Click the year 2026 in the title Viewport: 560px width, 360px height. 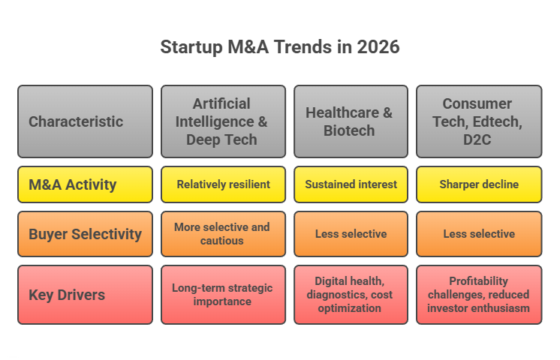[378, 46]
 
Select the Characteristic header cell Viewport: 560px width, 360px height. [85, 121]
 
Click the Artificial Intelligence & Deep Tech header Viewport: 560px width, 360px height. [223, 121]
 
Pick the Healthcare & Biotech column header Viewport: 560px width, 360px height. [350, 121]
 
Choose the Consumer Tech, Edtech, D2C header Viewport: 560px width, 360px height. [478, 121]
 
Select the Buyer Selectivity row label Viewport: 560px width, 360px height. [85, 234]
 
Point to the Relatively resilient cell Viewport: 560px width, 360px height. [223, 184]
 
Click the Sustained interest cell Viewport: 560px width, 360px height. [350, 184]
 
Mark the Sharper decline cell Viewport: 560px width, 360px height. [478, 184]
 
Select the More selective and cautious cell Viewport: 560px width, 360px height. [223, 234]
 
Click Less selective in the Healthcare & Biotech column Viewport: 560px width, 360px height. [350, 234]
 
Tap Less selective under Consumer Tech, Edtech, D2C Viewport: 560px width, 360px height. [478, 234]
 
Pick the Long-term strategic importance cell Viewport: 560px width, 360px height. [223, 295]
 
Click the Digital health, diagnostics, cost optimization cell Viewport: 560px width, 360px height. [350, 295]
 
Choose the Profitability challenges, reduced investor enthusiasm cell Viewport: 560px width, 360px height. [478, 295]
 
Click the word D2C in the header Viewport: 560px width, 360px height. [478, 139]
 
